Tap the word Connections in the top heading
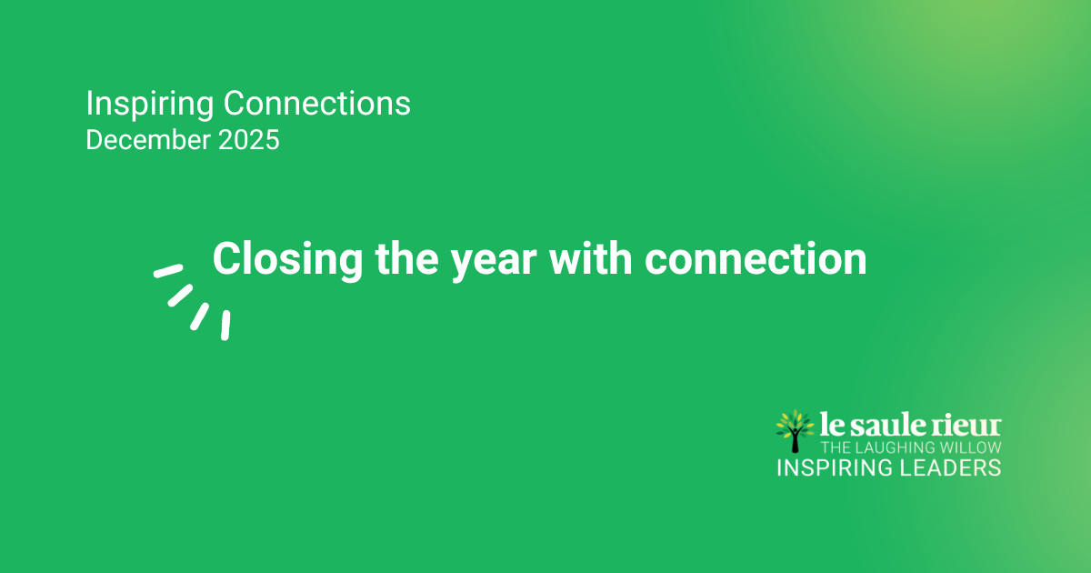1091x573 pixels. pyautogui.click(x=317, y=104)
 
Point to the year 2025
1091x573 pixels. pyautogui.click(x=247, y=141)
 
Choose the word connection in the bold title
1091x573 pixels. pyautogui.click(x=756, y=260)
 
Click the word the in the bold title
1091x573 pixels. pyautogui.click(x=407, y=259)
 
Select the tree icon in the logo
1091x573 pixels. pyautogui.click(x=796, y=429)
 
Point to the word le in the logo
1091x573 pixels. pyautogui.click(x=831, y=426)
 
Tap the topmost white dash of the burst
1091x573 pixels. pyautogui.click(x=168, y=270)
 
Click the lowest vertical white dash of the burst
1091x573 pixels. pyautogui.click(x=225, y=325)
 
